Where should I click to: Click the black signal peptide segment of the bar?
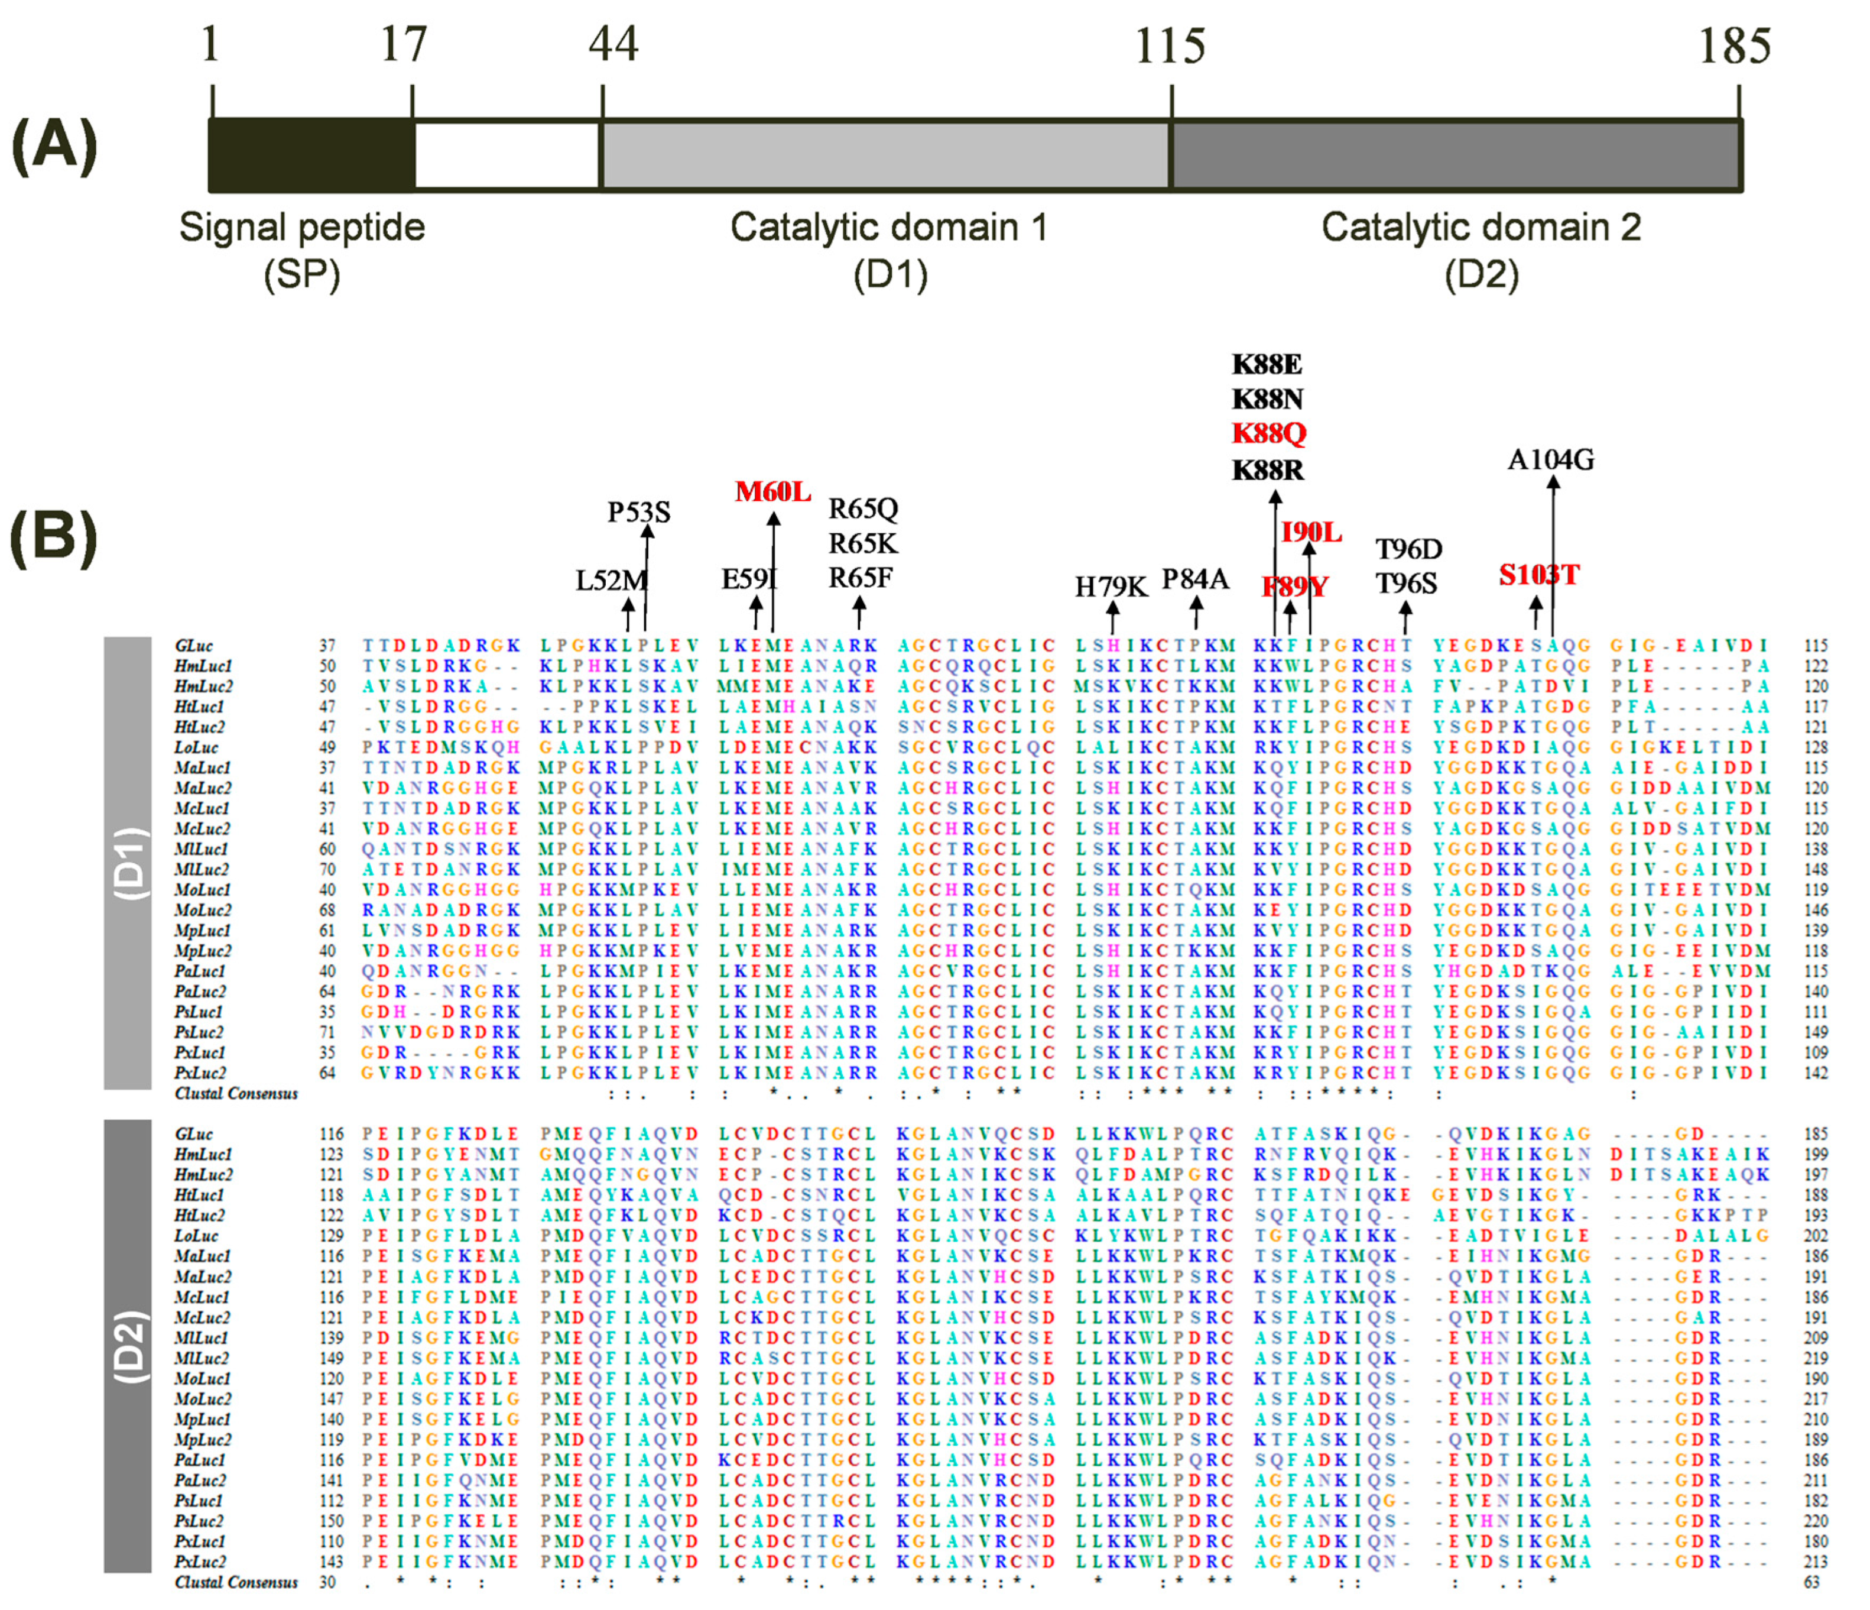tap(311, 154)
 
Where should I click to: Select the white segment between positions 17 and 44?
tap(507, 154)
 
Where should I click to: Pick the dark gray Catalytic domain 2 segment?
tap(1455, 154)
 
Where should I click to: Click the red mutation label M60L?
tap(772, 492)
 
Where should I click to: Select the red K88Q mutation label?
tap(1268, 433)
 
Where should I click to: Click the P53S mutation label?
tap(638, 513)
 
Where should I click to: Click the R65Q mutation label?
tap(863, 509)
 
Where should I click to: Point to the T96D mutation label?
tap(1408, 549)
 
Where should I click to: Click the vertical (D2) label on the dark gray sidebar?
tap(128, 1346)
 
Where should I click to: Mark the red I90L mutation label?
tap(1310, 533)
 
